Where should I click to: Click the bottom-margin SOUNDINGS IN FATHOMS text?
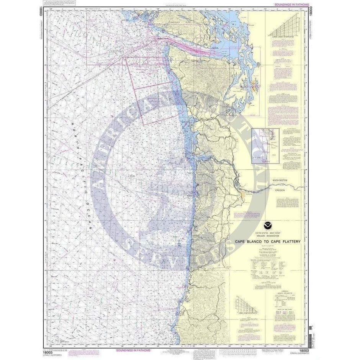(x=132, y=350)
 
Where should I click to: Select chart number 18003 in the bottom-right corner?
(x=304, y=350)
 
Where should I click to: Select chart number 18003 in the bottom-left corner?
(x=48, y=350)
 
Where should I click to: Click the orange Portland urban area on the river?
(x=243, y=196)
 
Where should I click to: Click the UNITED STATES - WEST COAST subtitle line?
(x=268, y=232)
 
